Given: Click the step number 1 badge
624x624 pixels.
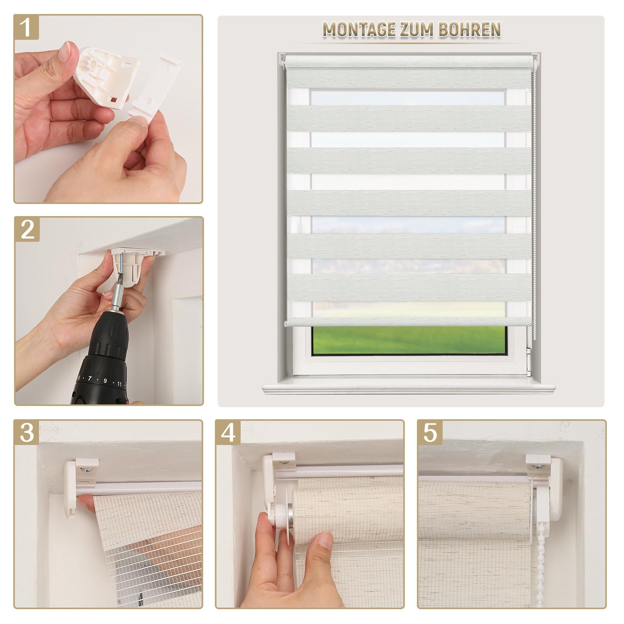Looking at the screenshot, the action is tap(27, 27).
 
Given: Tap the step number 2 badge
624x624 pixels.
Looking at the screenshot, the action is tap(27, 229).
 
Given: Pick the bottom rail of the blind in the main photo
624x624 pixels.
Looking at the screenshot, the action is tap(408, 322).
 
